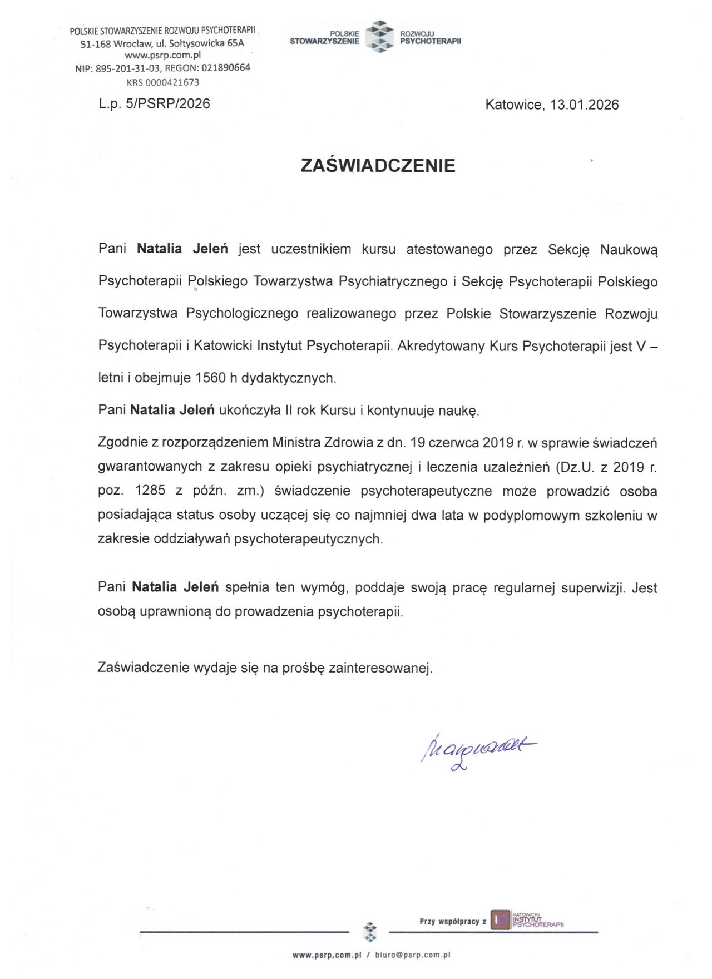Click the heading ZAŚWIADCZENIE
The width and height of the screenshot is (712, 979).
pos(378,166)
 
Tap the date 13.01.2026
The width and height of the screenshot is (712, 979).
pos(585,105)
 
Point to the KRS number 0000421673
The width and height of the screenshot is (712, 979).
pos(171,82)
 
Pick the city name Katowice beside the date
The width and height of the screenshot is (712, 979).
pos(514,105)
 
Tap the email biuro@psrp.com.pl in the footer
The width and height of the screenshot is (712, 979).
pos(412,955)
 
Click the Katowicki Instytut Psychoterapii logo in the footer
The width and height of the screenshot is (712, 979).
pos(527,921)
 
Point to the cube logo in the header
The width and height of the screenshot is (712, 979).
pos(379,37)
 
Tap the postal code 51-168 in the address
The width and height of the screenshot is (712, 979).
pos(96,44)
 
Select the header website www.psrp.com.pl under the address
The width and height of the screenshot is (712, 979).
pos(162,56)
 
